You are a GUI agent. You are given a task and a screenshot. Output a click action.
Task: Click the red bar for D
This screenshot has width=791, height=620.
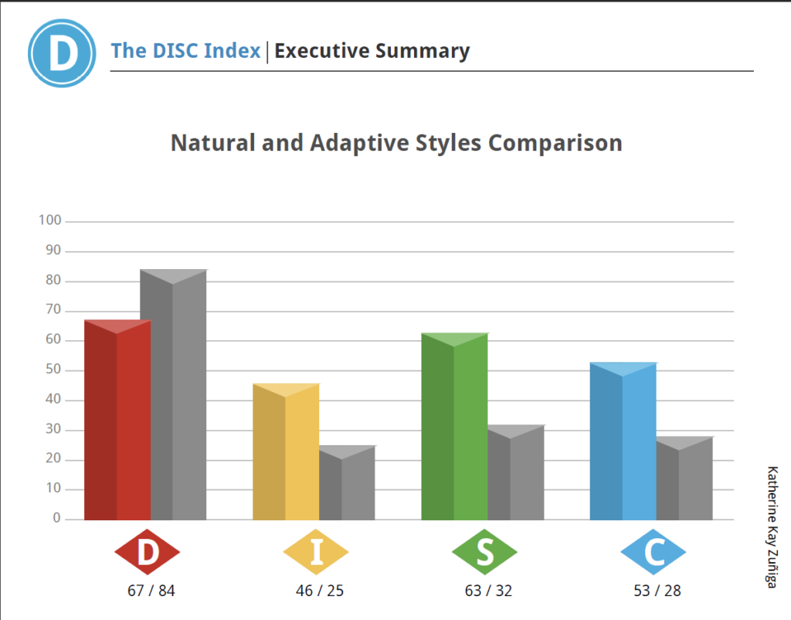117,421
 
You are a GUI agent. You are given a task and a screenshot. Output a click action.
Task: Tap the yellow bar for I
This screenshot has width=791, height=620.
286,453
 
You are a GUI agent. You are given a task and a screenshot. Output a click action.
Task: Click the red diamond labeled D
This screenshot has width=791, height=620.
147,552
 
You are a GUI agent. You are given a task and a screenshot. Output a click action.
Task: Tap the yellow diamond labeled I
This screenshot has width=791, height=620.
315,552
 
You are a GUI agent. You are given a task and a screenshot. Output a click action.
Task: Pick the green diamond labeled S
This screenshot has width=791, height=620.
484,552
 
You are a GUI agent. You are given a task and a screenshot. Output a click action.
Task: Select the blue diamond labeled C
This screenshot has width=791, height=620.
653,552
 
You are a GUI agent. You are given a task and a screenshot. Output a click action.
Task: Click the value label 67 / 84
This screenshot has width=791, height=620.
151,591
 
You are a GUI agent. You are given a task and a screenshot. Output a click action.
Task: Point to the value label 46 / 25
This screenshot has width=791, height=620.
320,591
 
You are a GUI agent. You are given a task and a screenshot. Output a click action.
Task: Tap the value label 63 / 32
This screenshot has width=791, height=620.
488,591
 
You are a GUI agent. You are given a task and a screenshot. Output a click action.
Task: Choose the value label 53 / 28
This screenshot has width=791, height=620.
657,591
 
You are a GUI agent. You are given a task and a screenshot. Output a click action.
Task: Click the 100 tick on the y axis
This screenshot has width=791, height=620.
49,221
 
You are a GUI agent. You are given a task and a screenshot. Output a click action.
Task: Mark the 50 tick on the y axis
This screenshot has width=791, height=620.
53,370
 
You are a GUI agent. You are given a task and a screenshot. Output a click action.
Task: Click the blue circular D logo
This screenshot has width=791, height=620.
62,53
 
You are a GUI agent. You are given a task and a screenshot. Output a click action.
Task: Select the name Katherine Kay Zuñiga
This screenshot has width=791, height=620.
771,526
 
